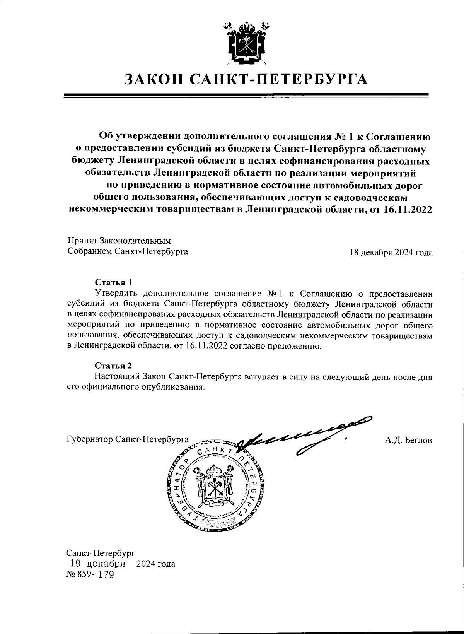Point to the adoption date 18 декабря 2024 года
[391, 253]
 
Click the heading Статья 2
[114, 365]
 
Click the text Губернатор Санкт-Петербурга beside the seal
[128, 440]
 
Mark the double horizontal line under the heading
[246, 96]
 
